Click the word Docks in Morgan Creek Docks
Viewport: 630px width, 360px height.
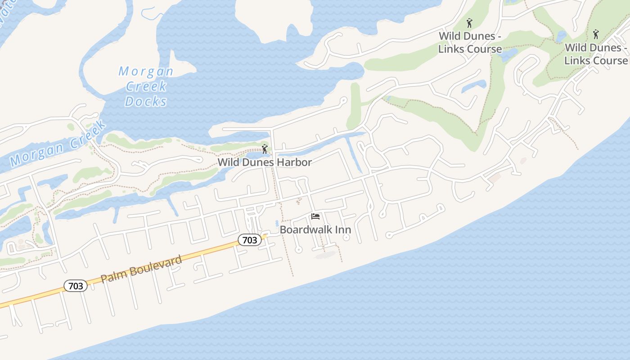146,102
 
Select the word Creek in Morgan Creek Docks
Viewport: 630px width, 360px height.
146,86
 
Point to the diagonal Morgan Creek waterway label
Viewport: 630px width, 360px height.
58,143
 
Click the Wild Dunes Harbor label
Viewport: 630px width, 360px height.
265,162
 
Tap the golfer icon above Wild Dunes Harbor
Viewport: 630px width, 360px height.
265,149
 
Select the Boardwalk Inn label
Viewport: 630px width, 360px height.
315,229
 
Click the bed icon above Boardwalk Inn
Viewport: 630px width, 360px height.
315,216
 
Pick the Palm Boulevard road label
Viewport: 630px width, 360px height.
141,269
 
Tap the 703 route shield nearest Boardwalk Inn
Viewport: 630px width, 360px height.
249,240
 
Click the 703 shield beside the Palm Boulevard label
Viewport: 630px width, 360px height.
76,286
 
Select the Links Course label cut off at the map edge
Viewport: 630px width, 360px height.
596,54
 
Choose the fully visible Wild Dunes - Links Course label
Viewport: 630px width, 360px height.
470,42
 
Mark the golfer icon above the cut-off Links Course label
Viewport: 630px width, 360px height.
596,34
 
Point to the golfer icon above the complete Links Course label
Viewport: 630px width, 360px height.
470,22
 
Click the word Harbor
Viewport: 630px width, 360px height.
294,162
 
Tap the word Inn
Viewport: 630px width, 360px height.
341,229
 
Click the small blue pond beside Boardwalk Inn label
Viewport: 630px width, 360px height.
276,223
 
